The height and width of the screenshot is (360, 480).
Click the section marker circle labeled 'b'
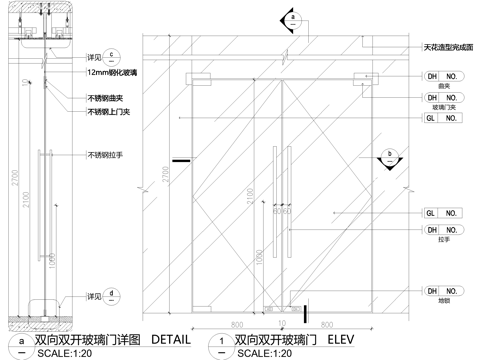point(390,155)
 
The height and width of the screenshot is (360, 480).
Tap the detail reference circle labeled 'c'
point(113,54)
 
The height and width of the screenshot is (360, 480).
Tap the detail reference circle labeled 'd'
point(113,295)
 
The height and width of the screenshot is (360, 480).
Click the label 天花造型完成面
point(444,47)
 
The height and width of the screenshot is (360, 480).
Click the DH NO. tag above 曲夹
point(441,76)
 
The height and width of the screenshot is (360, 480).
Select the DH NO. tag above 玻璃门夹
point(441,97)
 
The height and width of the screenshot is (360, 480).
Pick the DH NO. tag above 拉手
point(441,230)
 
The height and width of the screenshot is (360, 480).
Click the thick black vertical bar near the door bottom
point(306,314)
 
